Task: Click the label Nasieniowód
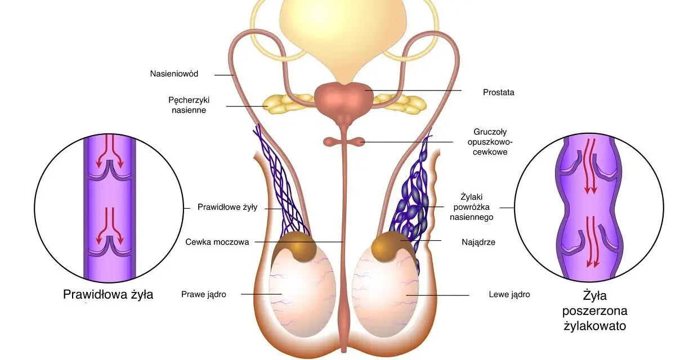point(174,74)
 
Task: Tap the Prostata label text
point(499,92)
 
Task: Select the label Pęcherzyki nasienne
point(189,105)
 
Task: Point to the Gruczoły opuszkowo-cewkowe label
point(490,142)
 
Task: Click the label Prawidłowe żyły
point(227,208)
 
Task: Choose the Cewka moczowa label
point(217,242)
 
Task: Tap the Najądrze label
point(478,242)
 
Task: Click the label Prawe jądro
point(204,295)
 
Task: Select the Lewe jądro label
point(509,295)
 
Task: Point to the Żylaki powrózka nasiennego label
point(472,207)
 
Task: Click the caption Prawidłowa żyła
point(108,295)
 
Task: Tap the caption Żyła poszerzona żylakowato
point(595,310)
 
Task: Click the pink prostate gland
point(344,97)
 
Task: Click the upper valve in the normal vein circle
point(109,173)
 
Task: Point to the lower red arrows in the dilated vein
point(593,242)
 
